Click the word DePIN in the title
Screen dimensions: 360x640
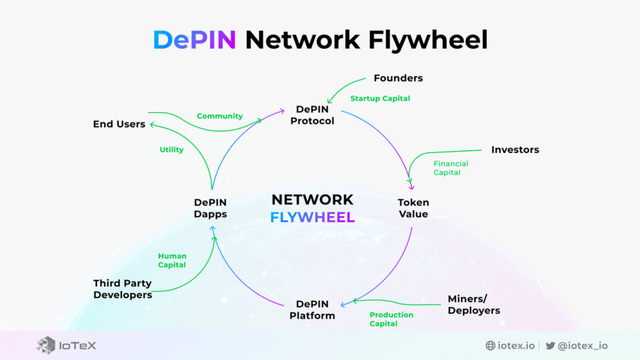pyautogui.click(x=194, y=40)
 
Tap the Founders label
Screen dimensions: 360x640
pyautogui.click(x=398, y=78)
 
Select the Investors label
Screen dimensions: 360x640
pyautogui.click(x=514, y=150)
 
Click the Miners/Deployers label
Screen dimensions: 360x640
pyautogui.click(x=474, y=304)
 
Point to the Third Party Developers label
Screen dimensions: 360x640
pyautogui.click(x=122, y=289)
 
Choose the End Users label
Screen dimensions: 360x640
pyautogui.click(x=119, y=124)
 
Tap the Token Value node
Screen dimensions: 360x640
pyautogui.click(x=413, y=208)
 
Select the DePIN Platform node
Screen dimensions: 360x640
pyautogui.click(x=312, y=309)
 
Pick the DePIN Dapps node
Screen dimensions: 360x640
pyautogui.click(x=210, y=208)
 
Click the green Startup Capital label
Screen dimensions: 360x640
pyautogui.click(x=380, y=99)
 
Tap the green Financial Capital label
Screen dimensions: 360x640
pyautogui.click(x=451, y=168)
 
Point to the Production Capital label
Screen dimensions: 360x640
pyautogui.click(x=391, y=319)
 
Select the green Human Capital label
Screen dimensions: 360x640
pyautogui.click(x=172, y=261)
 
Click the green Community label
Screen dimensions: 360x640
pyautogui.click(x=219, y=116)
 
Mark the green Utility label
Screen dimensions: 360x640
pyautogui.click(x=171, y=150)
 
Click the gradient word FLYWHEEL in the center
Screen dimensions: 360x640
pyautogui.click(x=312, y=217)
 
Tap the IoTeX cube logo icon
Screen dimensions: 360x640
pyautogui.click(x=46, y=346)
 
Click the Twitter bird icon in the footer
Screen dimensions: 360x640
pyautogui.click(x=550, y=346)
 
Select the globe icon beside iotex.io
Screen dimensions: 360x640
pyautogui.click(x=490, y=346)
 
